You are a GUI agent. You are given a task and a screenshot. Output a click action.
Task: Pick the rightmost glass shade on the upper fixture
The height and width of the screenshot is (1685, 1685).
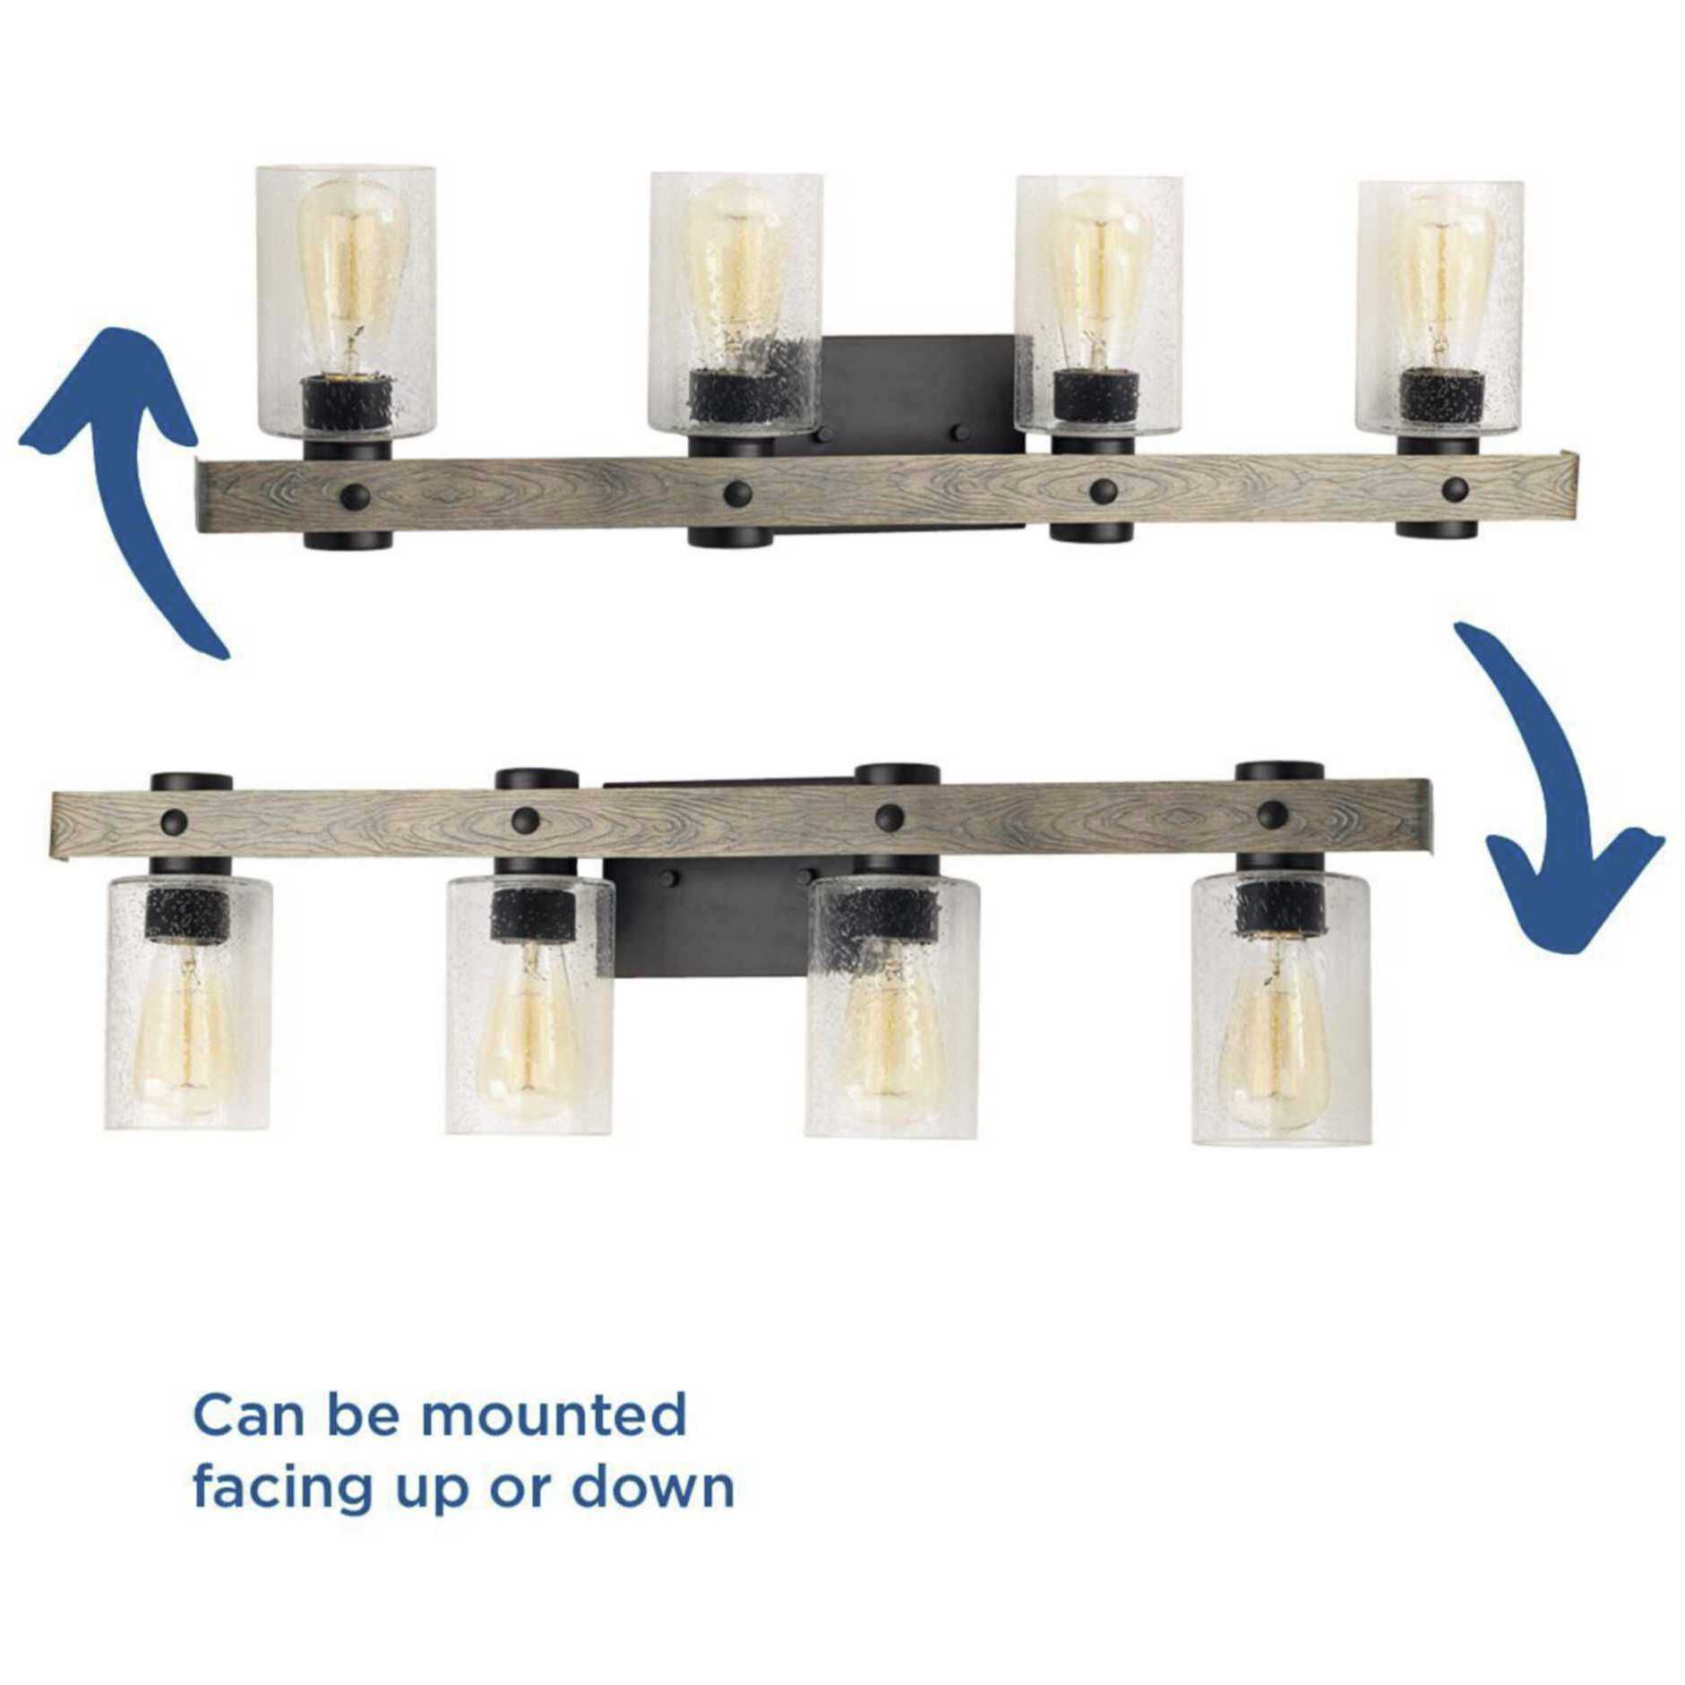1440,307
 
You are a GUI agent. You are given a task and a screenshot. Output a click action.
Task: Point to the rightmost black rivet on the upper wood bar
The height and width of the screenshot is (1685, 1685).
1455,488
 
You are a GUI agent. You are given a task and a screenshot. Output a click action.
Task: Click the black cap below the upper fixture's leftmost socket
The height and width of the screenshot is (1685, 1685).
348,535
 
